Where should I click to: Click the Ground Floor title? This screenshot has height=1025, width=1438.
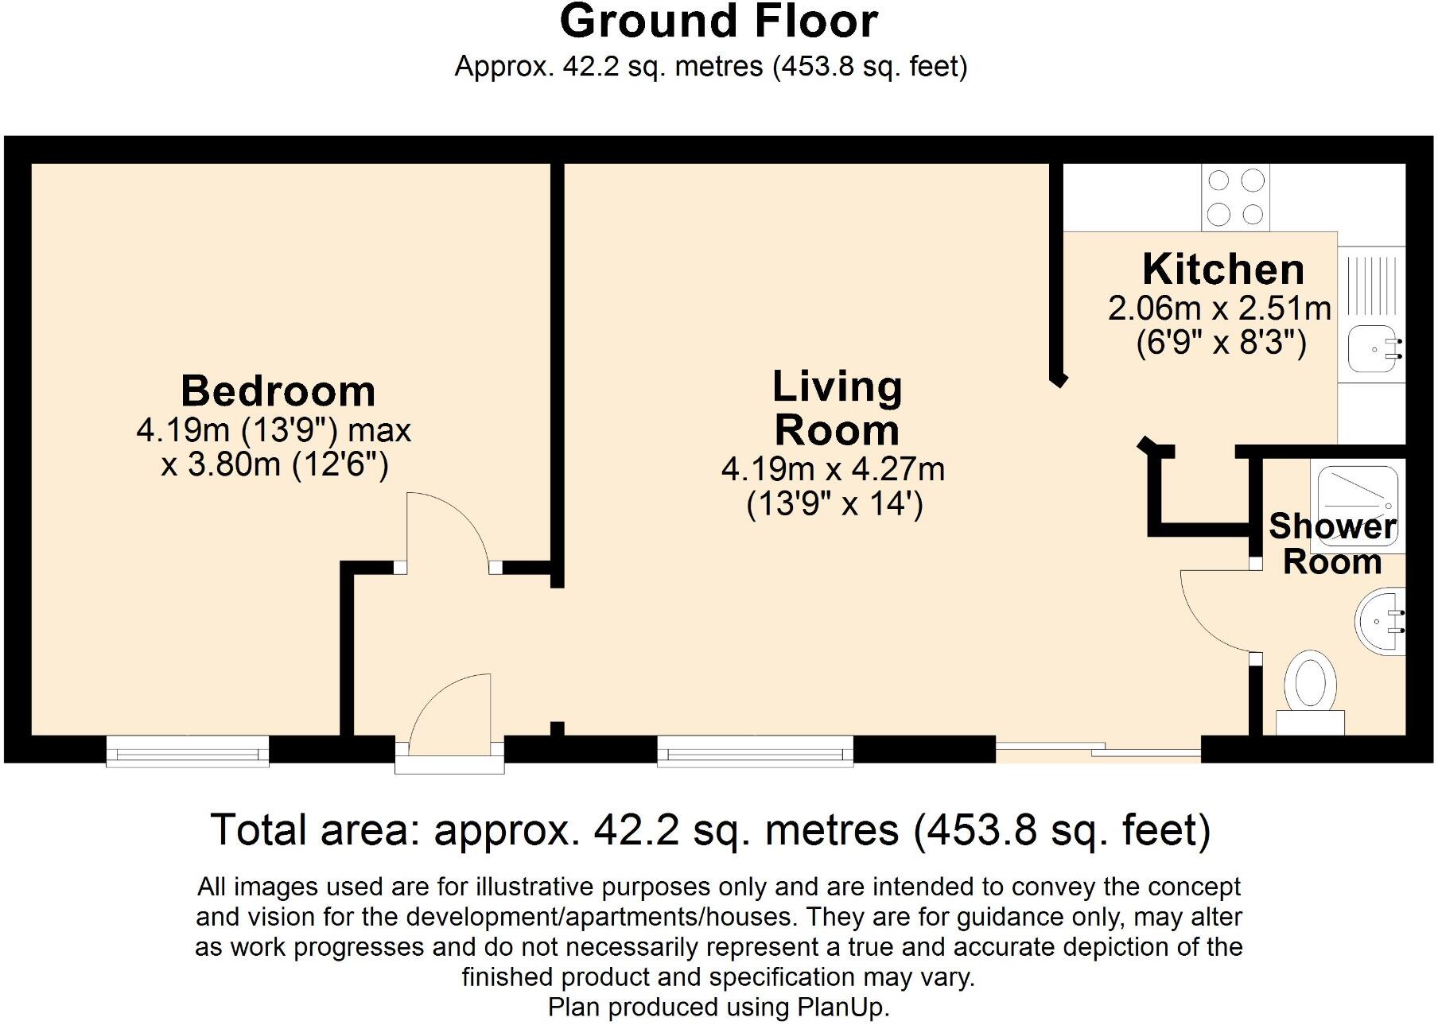(x=718, y=21)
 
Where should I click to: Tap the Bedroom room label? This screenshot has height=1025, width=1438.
(x=278, y=390)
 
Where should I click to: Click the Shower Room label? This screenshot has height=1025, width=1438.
(x=1331, y=544)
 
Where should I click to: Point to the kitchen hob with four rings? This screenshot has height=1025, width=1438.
(x=1235, y=197)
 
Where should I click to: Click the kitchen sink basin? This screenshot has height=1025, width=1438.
(x=1372, y=350)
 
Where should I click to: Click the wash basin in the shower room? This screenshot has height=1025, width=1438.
(x=1381, y=623)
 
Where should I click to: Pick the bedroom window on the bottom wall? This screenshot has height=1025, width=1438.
(x=188, y=751)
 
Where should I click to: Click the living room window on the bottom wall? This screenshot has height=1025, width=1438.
(x=755, y=751)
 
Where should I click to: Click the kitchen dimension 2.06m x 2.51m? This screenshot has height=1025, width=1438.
(x=1219, y=309)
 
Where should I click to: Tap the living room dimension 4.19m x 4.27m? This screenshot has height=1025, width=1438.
(x=833, y=469)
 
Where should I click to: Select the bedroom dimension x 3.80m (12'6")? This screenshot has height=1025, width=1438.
(x=274, y=464)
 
